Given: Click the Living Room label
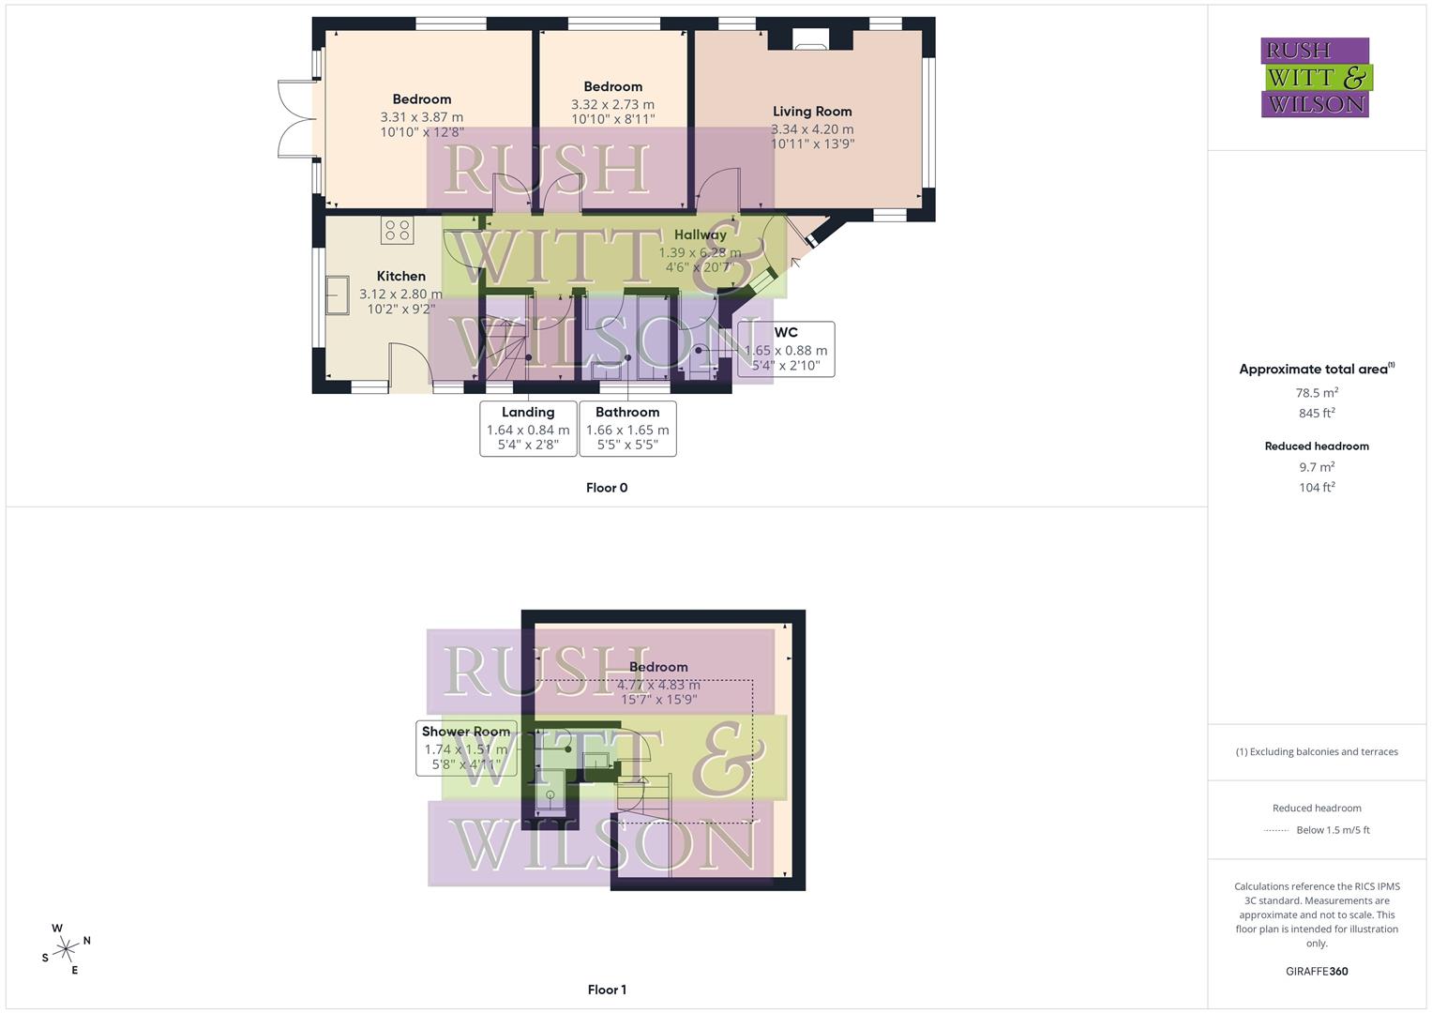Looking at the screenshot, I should (x=812, y=112).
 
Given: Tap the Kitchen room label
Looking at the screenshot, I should (x=400, y=276).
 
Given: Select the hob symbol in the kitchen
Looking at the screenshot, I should (x=398, y=230).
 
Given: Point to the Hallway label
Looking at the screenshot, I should (x=700, y=234).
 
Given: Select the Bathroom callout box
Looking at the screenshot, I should (x=627, y=429).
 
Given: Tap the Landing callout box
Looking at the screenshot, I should (x=528, y=429).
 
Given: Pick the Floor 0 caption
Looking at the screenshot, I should (x=607, y=488).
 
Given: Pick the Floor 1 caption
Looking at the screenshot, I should (x=607, y=990).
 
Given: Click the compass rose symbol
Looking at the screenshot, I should (x=66, y=949).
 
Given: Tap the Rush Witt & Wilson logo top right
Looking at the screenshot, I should (x=1316, y=77).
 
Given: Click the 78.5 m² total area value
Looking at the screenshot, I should (x=1317, y=393).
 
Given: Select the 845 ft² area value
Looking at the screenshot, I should (x=1317, y=414).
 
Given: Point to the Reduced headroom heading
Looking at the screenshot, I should (x=1317, y=446).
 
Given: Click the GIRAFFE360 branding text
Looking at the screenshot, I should (x=1317, y=972).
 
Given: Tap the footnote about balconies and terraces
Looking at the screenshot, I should (x=1317, y=751).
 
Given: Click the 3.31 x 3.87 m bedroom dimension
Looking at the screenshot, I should (x=421, y=117).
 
